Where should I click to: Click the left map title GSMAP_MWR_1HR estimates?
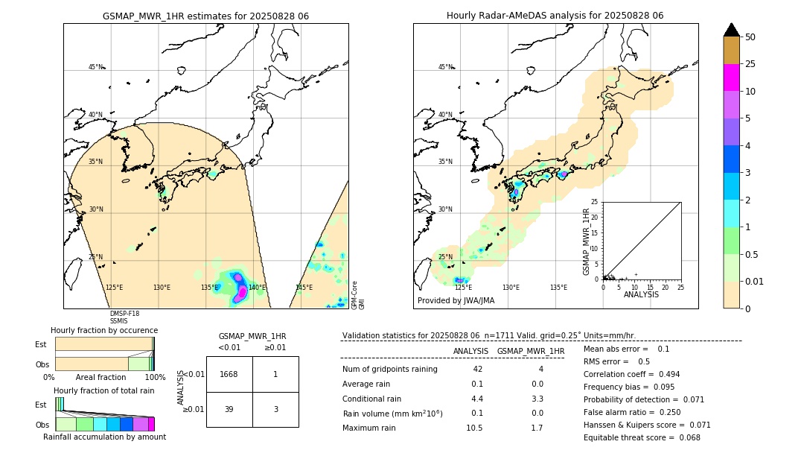coord(205,16)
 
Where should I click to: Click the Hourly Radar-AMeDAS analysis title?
coord(555,16)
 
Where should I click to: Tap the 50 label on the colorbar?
coord(750,37)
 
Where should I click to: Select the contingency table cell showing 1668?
coord(229,374)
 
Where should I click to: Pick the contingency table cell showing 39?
coord(229,409)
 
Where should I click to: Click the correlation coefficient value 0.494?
coord(662,374)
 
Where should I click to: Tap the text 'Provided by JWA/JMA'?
coord(456,301)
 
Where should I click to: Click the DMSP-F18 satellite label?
coord(124,314)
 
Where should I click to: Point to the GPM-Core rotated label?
coord(354,295)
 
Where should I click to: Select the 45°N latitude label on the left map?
coord(95,67)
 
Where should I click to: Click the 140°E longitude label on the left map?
coord(257,288)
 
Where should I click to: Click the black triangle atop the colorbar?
coord(732,30)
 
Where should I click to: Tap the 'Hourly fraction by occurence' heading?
coord(104,330)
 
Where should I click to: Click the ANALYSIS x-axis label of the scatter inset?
coord(642,294)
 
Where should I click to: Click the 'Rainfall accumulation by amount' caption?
coord(104,437)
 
